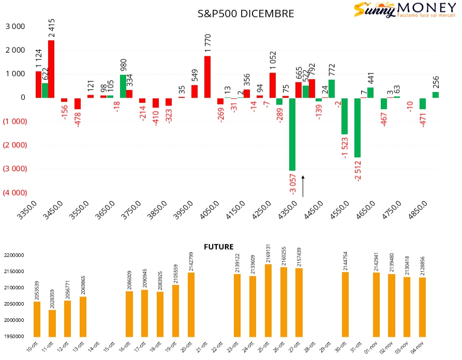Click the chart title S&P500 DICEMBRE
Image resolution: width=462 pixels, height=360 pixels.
click(246, 14)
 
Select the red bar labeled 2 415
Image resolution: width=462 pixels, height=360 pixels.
click(51, 69)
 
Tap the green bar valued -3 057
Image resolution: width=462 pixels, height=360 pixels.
click(292, 134)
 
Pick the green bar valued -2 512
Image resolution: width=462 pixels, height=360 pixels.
click(357, 127)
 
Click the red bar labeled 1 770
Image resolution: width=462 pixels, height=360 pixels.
click(207, 77)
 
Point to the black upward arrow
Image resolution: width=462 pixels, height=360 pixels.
click(303, 186)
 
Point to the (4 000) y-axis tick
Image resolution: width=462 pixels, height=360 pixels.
click(15, 193)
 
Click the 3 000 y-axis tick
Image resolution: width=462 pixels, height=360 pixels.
click(15, 26)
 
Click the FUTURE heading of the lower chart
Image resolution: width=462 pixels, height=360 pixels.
click(218, 247)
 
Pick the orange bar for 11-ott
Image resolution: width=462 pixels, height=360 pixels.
click(52, 323)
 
